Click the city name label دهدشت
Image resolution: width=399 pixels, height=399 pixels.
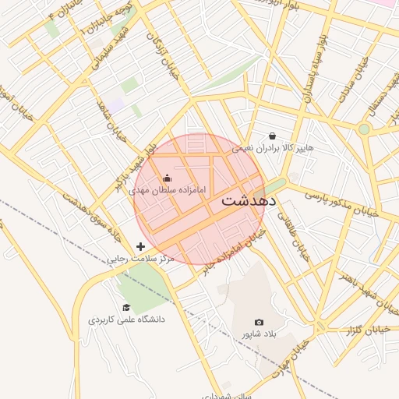249,199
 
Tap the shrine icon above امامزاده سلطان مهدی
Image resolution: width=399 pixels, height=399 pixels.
167,177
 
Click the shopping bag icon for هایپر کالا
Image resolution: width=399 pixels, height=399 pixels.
271,135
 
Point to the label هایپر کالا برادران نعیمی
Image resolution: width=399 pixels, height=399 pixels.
288,147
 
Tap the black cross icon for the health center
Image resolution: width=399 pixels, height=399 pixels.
140,246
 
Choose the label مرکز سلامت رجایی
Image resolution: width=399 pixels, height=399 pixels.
141,258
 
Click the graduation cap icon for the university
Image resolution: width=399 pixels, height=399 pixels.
126,307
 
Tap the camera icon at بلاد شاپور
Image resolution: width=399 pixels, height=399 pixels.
259,322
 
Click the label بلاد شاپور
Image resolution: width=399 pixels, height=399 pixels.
259,334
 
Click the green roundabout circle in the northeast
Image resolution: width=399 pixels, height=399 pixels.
364,129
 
